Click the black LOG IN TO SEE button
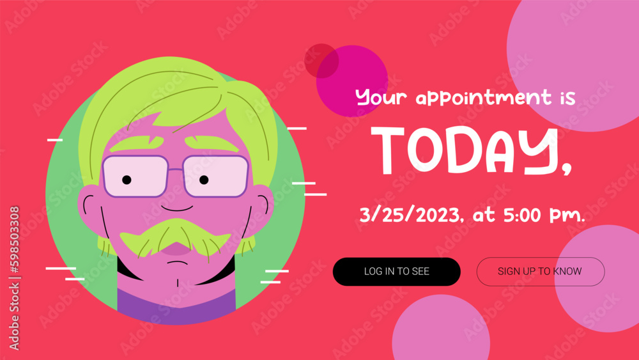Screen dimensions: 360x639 click(x=396, y=271)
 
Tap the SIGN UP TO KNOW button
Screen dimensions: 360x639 click(x=540, y=271)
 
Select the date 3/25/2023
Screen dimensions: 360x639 click(x=412, y=215)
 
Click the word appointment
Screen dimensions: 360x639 click(x=483, y=98)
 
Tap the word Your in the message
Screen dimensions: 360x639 click(x=381, y=98)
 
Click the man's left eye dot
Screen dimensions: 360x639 click(x=127, y=180)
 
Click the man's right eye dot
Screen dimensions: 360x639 click(x=204, y=180)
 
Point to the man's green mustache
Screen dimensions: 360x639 click(x=174, y=235)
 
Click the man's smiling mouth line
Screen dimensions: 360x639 click(x=176, y=208)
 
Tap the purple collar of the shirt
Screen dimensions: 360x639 click(x=176, y=307)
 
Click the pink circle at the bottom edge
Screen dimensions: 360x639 click(x=441, y=329)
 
